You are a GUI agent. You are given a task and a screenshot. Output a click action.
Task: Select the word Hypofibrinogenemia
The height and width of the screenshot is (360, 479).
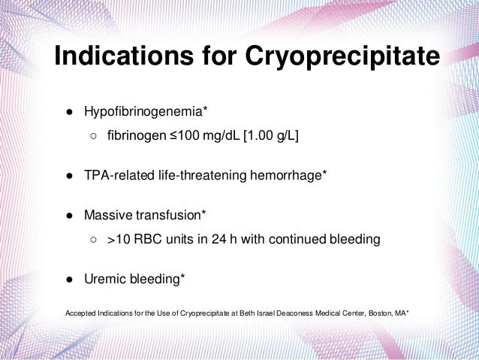[143, 112]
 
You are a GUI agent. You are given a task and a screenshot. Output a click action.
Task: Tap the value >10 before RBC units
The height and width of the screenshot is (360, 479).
[121, 241]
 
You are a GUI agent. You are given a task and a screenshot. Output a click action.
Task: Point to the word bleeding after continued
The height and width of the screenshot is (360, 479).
[354, 241]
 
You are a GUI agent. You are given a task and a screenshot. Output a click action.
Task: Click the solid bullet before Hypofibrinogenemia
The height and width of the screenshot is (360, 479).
[68, 112]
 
